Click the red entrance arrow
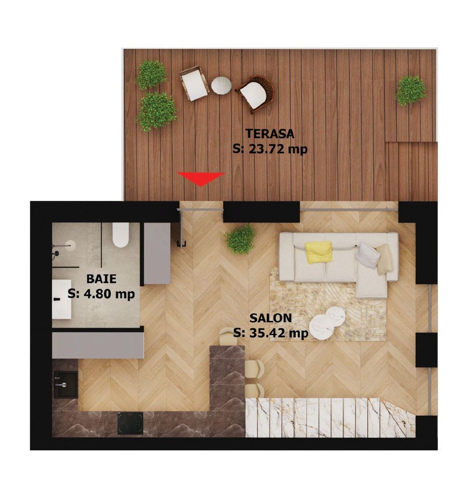(201, 178)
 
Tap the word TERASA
(270, 134)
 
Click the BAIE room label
(101, 278)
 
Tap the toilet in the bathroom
(120, 235)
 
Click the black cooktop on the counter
(130, 423)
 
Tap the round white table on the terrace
(221, 85)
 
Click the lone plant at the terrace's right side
(411, 90)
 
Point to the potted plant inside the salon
(240, 239)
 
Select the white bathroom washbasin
(61, 299)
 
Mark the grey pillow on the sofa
(367, 255)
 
